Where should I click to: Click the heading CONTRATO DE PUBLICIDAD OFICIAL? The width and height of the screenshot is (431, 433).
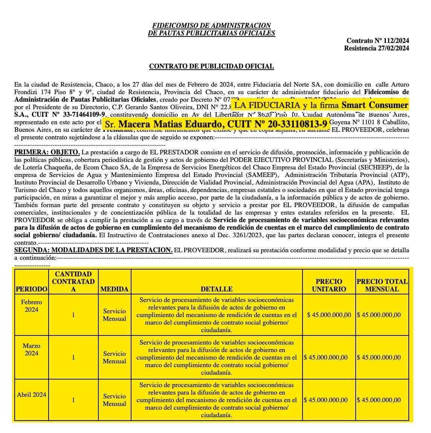click(x=211, y=66)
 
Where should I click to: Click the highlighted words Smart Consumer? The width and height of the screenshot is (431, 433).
click(x=375, y=105)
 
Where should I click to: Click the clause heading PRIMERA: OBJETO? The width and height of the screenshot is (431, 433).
click(x=47, y=152)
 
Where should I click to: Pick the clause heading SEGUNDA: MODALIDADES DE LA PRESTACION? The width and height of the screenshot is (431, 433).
click(x=93, y=250)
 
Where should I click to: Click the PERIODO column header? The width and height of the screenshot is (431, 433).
click(x=32, y=289)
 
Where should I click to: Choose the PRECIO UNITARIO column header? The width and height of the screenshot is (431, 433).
click(x=329, y=285)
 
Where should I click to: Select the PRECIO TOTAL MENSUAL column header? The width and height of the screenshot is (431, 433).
click(x=382, y=285)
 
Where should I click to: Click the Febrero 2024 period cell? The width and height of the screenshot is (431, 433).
click(x=32, y=306)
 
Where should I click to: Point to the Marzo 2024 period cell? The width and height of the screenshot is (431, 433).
click(x=32, y=349)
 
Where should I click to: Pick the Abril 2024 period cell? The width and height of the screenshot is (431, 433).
click(x=32, y=395)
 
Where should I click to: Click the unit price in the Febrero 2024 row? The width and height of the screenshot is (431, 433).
click(x=329, y=315)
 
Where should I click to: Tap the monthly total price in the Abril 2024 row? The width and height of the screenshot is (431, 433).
click(x=379, y=400)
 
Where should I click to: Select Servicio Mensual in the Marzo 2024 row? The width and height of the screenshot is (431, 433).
click(x=115, y=357)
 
